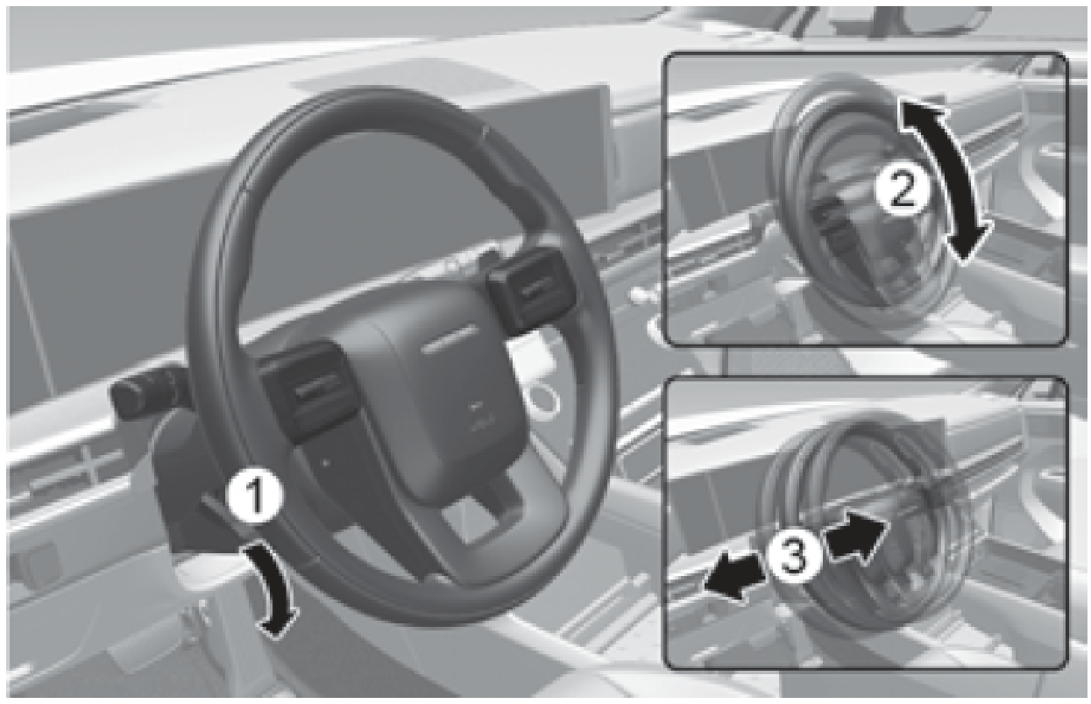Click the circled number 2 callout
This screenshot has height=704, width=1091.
point(903,191)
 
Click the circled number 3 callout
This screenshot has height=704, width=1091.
point(794,556)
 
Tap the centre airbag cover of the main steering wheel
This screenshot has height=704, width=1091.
point(437,400)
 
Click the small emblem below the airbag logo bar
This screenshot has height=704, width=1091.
point(476,416)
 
